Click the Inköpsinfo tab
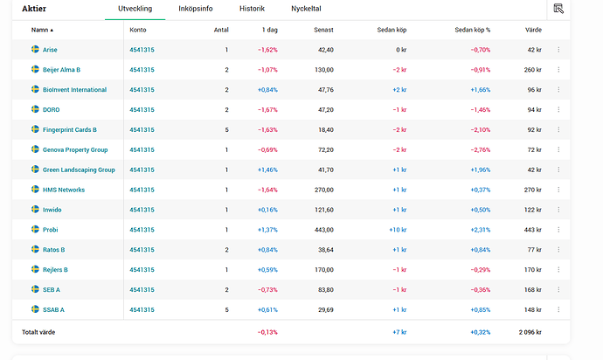pyautogui.click(x=196, y=9)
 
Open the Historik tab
pyautogui.click(x=252, y=9)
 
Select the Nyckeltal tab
pyautogui.click(x=306, y=9)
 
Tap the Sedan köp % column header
pyautogui.click(x=473, y=30)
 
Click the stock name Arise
pyautogui.click(x=50, y=50)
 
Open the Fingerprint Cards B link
pyautogui.click(x=69, y=130)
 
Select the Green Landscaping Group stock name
pyautogui.click(x=79, y=170)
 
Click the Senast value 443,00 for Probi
pyautogui.click(x=322, y=230)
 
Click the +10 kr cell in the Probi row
pyautogui.click(x=397, y=230)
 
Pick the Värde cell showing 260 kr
pyautogui.click(x=532, y=70)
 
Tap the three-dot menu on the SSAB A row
pyautogui.click(x=558, y=309)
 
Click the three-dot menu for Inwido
pyautogui.click(x=558, y=210)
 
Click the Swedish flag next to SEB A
pyautogui.click(x=35, y=289)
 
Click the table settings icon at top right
pyautogui.click(x=558, y=9)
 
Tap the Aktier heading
pyautogui.click(x=34, y=9)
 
